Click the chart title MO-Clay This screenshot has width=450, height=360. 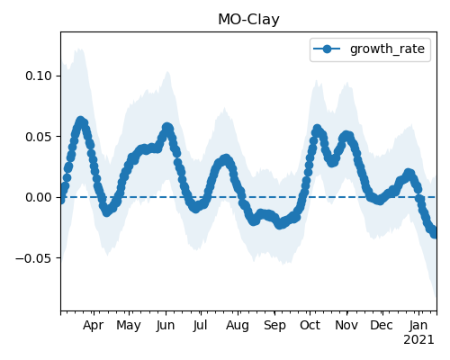coord(248,20)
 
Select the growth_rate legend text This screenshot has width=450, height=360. coord(387,49)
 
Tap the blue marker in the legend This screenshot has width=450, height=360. coord(327,49)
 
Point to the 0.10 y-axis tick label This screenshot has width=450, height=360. coord(39,76)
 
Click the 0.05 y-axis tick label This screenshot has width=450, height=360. coord(39,137)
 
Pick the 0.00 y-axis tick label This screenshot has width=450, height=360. coord(39,197)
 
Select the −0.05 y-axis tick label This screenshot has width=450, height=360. coord(34,258)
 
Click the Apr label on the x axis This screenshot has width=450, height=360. coord(94,325)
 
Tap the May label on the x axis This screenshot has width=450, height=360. coord(129,326)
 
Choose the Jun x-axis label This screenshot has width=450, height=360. coord(166,325)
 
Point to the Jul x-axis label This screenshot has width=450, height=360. coord(200,325)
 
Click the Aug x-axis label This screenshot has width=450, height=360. coord(238,326)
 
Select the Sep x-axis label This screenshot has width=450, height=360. coord(274,326)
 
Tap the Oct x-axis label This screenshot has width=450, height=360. coord(310,325)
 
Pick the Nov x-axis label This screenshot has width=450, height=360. coord(346,325)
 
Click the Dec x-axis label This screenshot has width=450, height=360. coord(382,325)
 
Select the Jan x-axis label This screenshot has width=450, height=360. coord(418,325)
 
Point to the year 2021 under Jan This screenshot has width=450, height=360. coord(418,340)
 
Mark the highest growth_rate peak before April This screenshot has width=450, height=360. coord(80,121)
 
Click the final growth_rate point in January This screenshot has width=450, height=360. coord(435,233)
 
